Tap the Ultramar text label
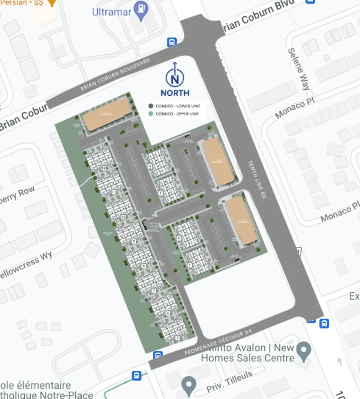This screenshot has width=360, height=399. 112,12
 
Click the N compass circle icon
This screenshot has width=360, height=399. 175,78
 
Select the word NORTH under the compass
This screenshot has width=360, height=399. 175,93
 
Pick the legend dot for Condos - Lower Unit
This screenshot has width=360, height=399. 150,106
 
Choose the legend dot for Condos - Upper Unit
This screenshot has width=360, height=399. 150,114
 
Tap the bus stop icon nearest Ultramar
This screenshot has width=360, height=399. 172,42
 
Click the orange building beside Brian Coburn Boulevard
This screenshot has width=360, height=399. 107,114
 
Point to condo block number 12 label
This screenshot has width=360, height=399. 103,168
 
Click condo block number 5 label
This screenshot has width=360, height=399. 177,338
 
